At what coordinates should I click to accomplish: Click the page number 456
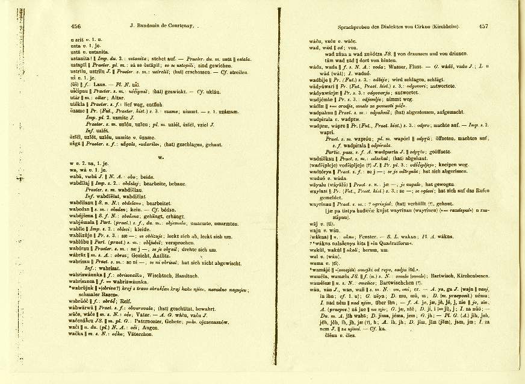pyautogui.click(x=76, y=26)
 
